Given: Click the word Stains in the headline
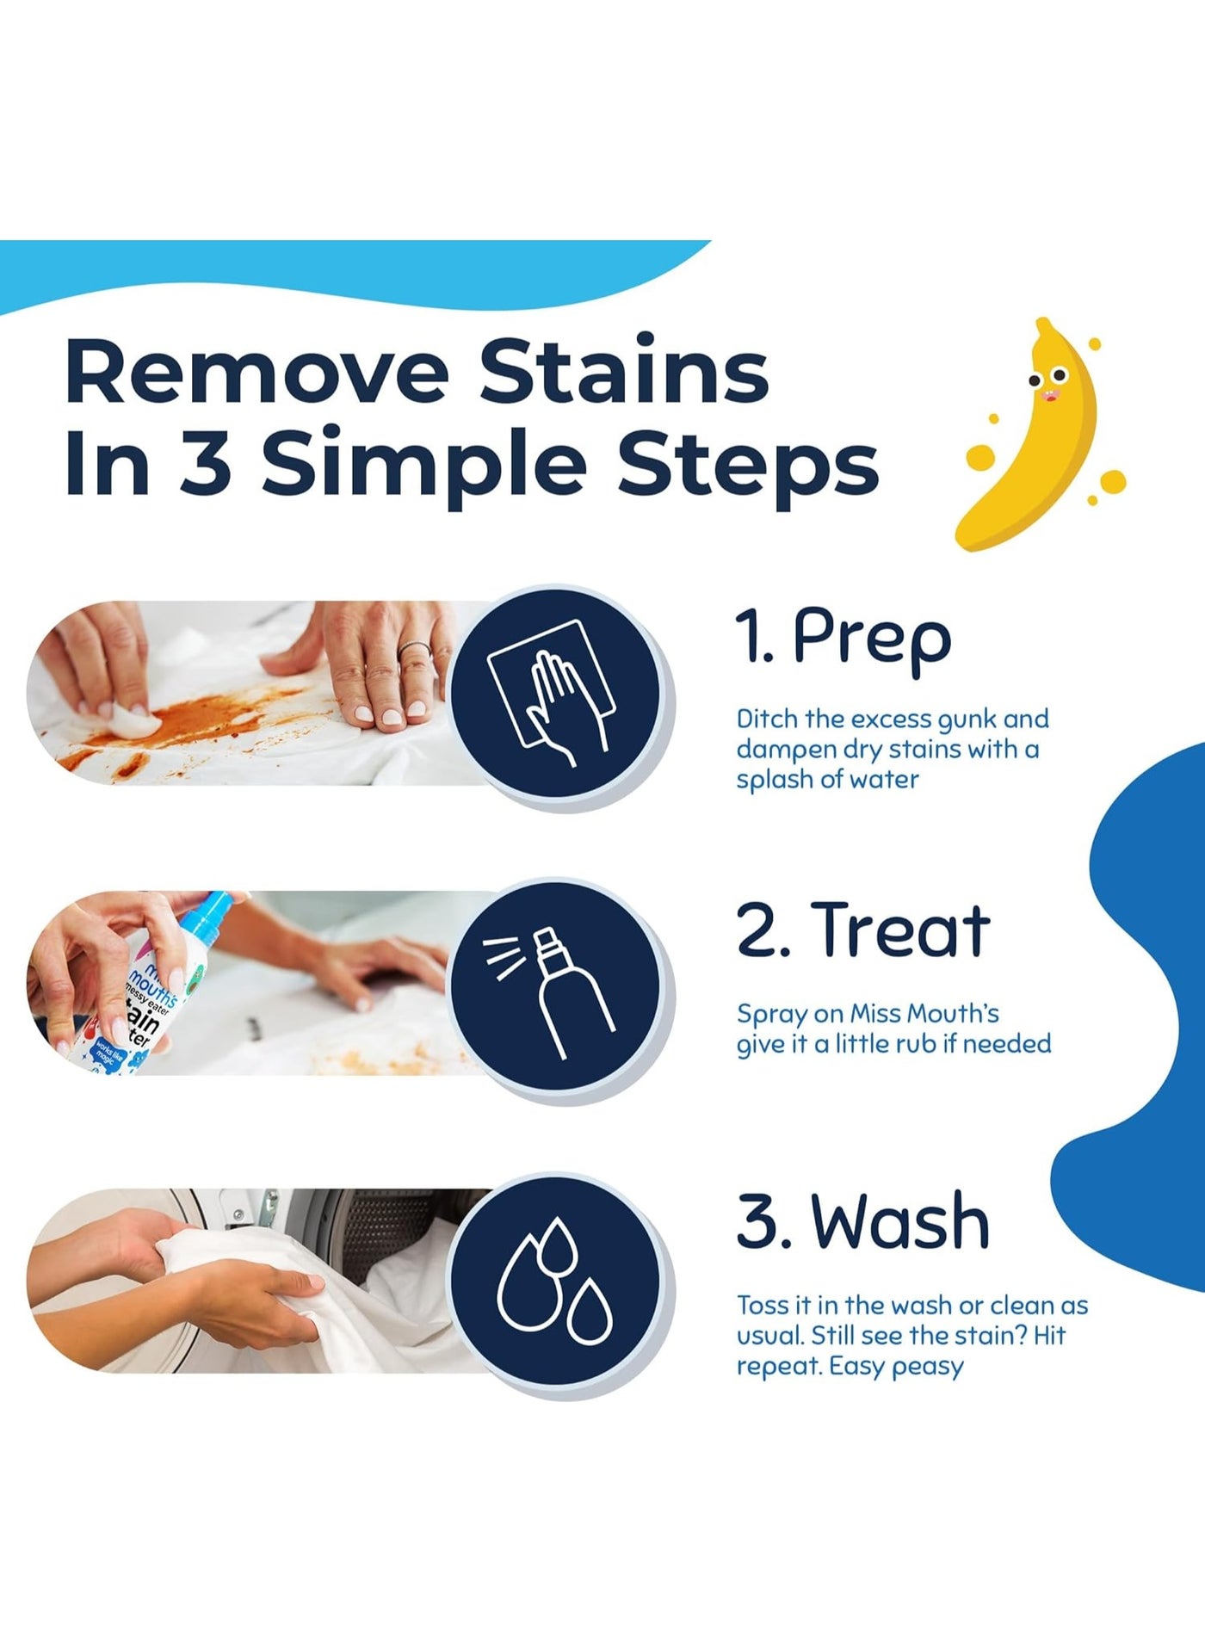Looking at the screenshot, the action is [624, 371].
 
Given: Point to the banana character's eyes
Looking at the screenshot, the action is [1050, 375].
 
